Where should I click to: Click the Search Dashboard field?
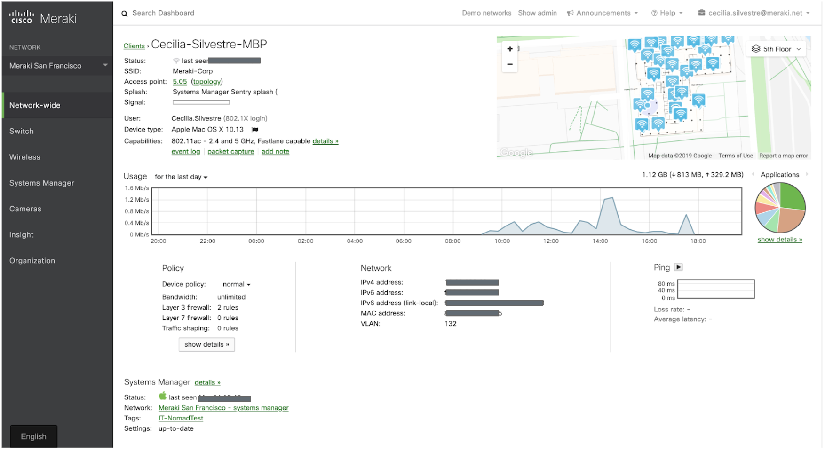coord(163,13)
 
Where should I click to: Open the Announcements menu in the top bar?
coord(603,13)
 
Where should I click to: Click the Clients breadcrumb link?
coord(134,46)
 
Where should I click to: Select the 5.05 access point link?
coord(180,82)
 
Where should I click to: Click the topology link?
coord(207,82)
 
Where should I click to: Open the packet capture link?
coord(230,152)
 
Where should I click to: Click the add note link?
coord(275,152)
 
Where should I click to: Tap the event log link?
coord(186,152)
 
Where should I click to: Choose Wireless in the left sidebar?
coord(25,157)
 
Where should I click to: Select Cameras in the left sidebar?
coord(25,209)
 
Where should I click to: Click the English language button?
coord(33,436)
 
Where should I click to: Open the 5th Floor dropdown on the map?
coord(776,49)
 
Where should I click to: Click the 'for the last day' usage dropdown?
coord(181,177)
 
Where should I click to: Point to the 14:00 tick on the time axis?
coord(600,241)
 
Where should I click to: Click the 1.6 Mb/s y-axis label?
coord(136,188)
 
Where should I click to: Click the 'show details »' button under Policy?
coord(206,344)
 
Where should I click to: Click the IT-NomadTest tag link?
coord(181,418)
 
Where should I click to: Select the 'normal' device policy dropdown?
coord(236,284)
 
